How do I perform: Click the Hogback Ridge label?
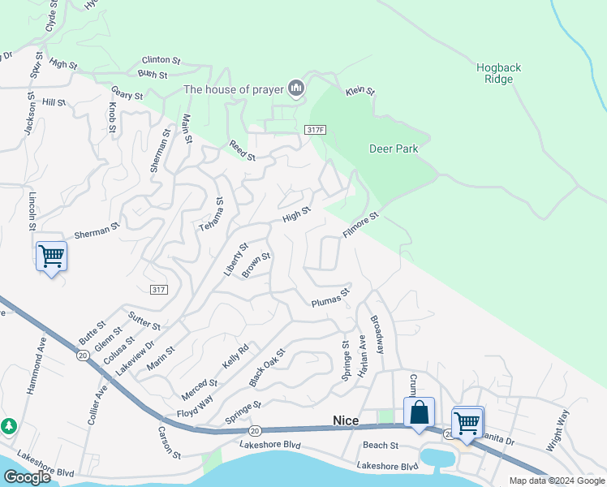click(494, 73)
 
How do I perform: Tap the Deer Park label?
click(393, 149)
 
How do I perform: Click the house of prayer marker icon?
click(295, 88)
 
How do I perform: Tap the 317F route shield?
click(316, 130)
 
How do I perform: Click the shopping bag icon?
click(420, 412)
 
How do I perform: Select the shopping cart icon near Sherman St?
click(51, 256)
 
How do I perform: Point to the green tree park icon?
click(9, 425)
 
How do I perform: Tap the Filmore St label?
click(361, 225)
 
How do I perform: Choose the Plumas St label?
click(330, 298)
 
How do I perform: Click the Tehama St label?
click(211, 215)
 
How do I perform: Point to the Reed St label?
click(242, 149)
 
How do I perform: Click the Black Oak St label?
click(268, 368)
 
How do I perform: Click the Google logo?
click(27, 477)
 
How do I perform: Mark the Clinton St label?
click(161, 60)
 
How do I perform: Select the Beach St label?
click(381, 446)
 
